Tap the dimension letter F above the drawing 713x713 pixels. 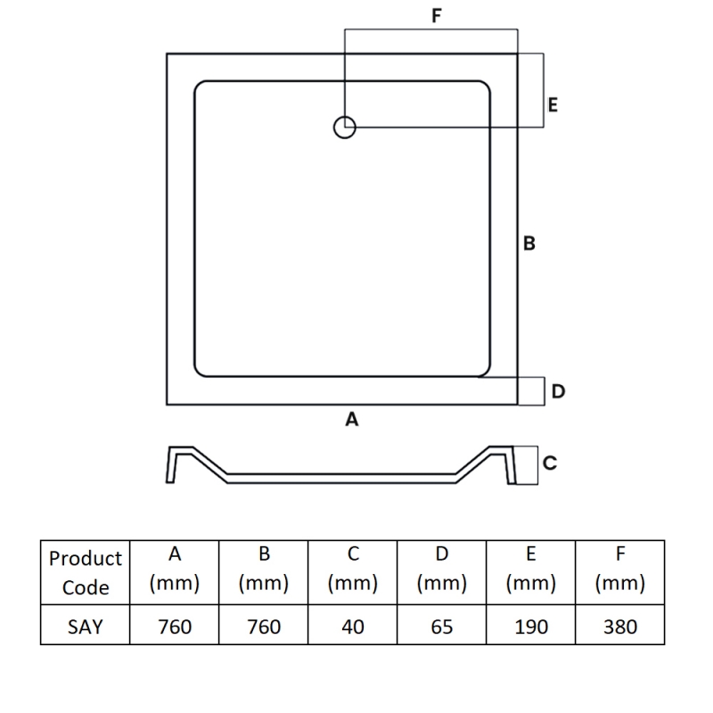(x=437, y=15)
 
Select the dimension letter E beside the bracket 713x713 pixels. (x=553, y=105)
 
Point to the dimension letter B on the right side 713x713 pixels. (x=529, y=243)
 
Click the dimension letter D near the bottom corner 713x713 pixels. (x=558, y=391)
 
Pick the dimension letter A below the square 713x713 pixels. (x=351, y=419)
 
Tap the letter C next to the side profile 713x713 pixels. (x=550, y=463)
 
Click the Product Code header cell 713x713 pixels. (x=85, y=572)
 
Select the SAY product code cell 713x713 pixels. (x=85, y=627)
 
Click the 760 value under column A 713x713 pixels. (x=175, y=627)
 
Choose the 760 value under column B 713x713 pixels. (x=264, y=627)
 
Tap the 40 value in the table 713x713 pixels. (x=353, y=627)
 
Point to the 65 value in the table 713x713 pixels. (x=442, y=627)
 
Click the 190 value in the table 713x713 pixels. (x=531, y=627)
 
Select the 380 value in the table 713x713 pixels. (x=620, y=627)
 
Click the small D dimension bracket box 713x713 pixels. (x=545, y=391)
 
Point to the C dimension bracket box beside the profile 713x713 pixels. (x=537, y=465)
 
